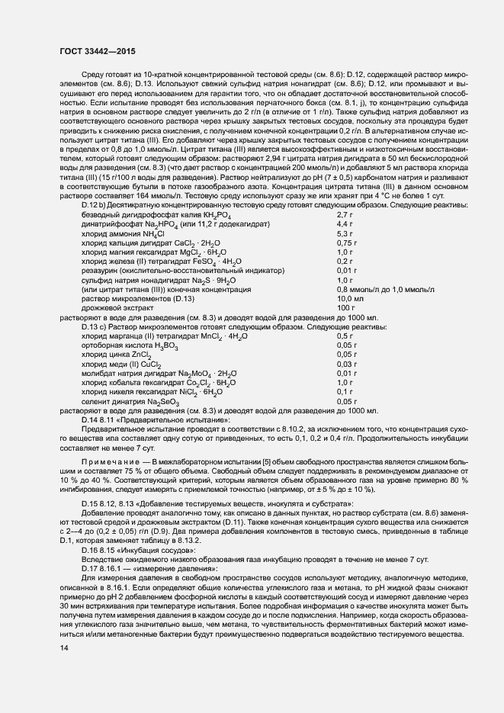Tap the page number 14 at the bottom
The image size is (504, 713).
[63, 648]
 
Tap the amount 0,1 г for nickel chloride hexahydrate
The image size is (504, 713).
[345, 390]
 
